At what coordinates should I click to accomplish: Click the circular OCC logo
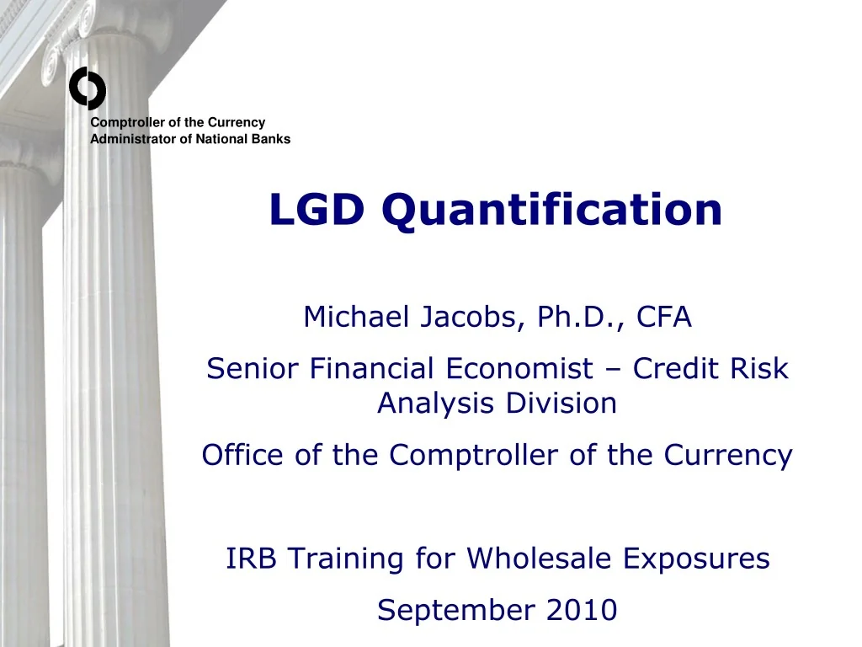point(88,89)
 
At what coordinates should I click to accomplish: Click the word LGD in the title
point(317,210)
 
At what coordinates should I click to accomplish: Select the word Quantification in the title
point(551,210)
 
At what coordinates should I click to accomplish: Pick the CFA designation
point(663,318)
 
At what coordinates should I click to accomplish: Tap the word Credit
point(678,368)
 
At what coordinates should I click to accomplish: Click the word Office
point(243,456)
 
